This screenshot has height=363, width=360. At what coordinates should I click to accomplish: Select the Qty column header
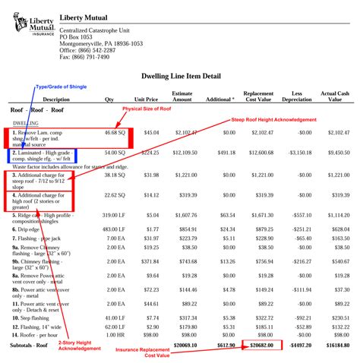109,99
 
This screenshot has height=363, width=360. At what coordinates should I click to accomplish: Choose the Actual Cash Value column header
334,96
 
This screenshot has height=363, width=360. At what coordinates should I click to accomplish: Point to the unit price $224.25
149,152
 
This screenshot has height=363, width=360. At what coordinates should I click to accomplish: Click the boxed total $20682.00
257,345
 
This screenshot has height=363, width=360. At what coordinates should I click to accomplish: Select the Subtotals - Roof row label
31,345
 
